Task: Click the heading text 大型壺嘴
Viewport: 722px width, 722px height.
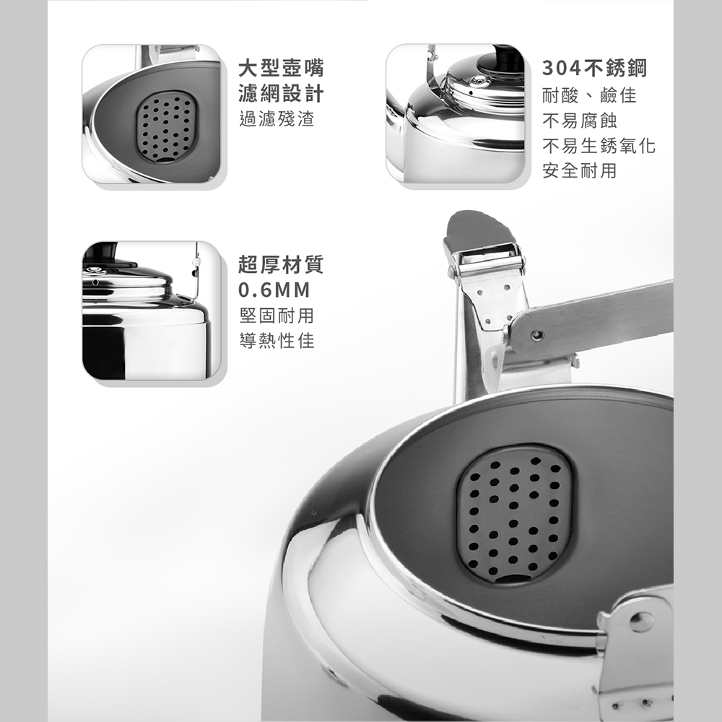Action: pyautogui.click(x=281, y=68)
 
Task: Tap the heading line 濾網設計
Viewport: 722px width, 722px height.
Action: pyautogui.click(x=281, y=93)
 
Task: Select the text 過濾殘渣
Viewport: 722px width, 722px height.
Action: pyautogui.click(x=277, y=118)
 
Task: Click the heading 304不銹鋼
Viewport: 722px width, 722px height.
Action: pyautogui.click(x=594, y=68)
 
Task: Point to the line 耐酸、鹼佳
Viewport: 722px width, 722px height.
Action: pyautogui.click(x=589, y=95)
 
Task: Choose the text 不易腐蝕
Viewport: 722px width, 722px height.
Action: pyautogui.click(x=580, y=121)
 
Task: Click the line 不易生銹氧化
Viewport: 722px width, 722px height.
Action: pyautogui.click(x=599, y=146)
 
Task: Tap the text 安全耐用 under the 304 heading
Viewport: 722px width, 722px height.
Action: pyautogui.click(x=580, y=171)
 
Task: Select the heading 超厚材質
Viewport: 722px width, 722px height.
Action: pyautogui.click(x=281, y=264)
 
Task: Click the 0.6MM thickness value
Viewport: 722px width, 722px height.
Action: pyautogui.click(x=274, y=290)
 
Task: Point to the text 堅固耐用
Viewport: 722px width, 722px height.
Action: pyautogui.click(x=277, y=316)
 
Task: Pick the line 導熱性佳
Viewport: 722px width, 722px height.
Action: pyautogui.click(x=277, y=341)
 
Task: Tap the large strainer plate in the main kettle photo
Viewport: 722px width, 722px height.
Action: pyautogui.click(x=514, y=516)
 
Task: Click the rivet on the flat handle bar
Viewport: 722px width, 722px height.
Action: pyautogui.click(x=536, y=335)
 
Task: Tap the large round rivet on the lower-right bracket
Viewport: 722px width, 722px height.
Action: pyautogui.click(x=641, y=622)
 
